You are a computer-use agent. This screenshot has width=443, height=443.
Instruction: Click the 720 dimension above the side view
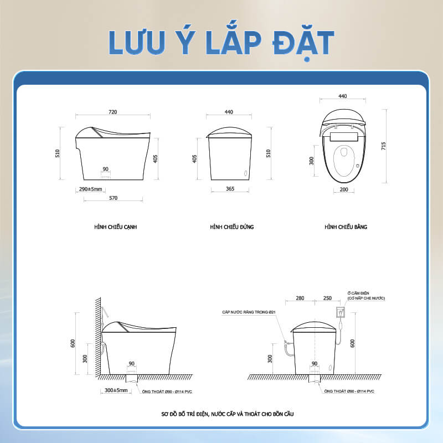point(113,112)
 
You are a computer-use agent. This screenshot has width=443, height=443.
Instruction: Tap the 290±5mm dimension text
point(90,189)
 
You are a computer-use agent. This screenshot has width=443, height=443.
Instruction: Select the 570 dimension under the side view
point(114,198)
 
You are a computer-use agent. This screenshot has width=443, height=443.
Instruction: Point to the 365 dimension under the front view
point(230,189)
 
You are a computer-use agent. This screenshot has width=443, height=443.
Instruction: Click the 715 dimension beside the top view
point(383,146)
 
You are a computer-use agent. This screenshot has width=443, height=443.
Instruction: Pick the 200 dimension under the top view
point(344,189)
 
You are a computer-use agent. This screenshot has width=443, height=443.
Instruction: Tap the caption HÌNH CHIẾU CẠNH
point(116,227)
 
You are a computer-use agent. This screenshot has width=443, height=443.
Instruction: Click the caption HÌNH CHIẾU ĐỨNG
point(232,226)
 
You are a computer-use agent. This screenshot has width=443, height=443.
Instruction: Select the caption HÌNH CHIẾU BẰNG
point(346,226)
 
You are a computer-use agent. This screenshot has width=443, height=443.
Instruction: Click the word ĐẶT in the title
point(303,43)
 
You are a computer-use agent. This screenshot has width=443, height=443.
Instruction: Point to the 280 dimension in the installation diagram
point(300,298)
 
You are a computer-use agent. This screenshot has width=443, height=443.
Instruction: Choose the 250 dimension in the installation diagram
point(327,298)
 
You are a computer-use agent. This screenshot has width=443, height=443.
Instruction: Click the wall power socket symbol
point(341,312)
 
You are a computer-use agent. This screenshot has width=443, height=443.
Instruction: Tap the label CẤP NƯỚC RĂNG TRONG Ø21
point(249,312)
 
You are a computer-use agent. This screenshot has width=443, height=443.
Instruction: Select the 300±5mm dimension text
point(116,390)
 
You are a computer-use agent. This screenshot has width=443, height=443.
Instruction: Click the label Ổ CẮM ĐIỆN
point(358,293)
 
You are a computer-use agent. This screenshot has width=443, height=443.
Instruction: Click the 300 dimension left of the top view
point(311,161)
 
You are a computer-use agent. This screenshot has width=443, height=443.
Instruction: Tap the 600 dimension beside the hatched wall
point(73,343)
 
